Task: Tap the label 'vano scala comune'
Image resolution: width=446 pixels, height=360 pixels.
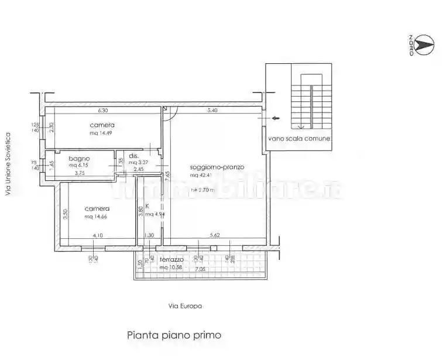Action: click(299, 139)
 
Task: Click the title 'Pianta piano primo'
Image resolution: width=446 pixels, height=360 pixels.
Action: click(174, 335)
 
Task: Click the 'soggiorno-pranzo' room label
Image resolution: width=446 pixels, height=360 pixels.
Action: click(217, 167)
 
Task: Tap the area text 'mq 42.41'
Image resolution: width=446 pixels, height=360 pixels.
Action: click(202, 175)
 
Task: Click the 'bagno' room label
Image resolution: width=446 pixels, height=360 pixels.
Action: click(79, 158)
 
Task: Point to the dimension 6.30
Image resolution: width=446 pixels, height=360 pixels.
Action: click(103, 110)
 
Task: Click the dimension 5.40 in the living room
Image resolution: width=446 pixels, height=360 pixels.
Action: click(213, 110)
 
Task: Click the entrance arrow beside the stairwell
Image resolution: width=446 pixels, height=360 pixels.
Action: click(273, 118)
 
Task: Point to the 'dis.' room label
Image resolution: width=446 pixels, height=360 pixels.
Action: click(133, 156)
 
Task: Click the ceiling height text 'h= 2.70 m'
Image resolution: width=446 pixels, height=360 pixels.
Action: click(203, 190)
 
